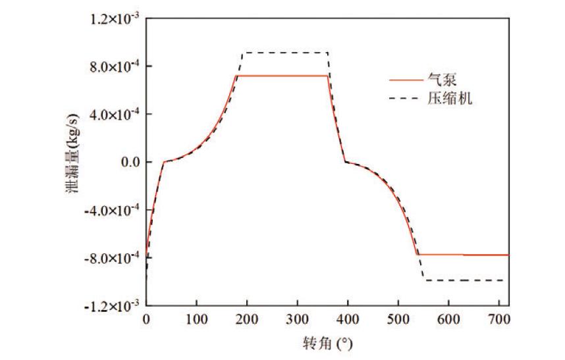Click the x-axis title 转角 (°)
point(327,343)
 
